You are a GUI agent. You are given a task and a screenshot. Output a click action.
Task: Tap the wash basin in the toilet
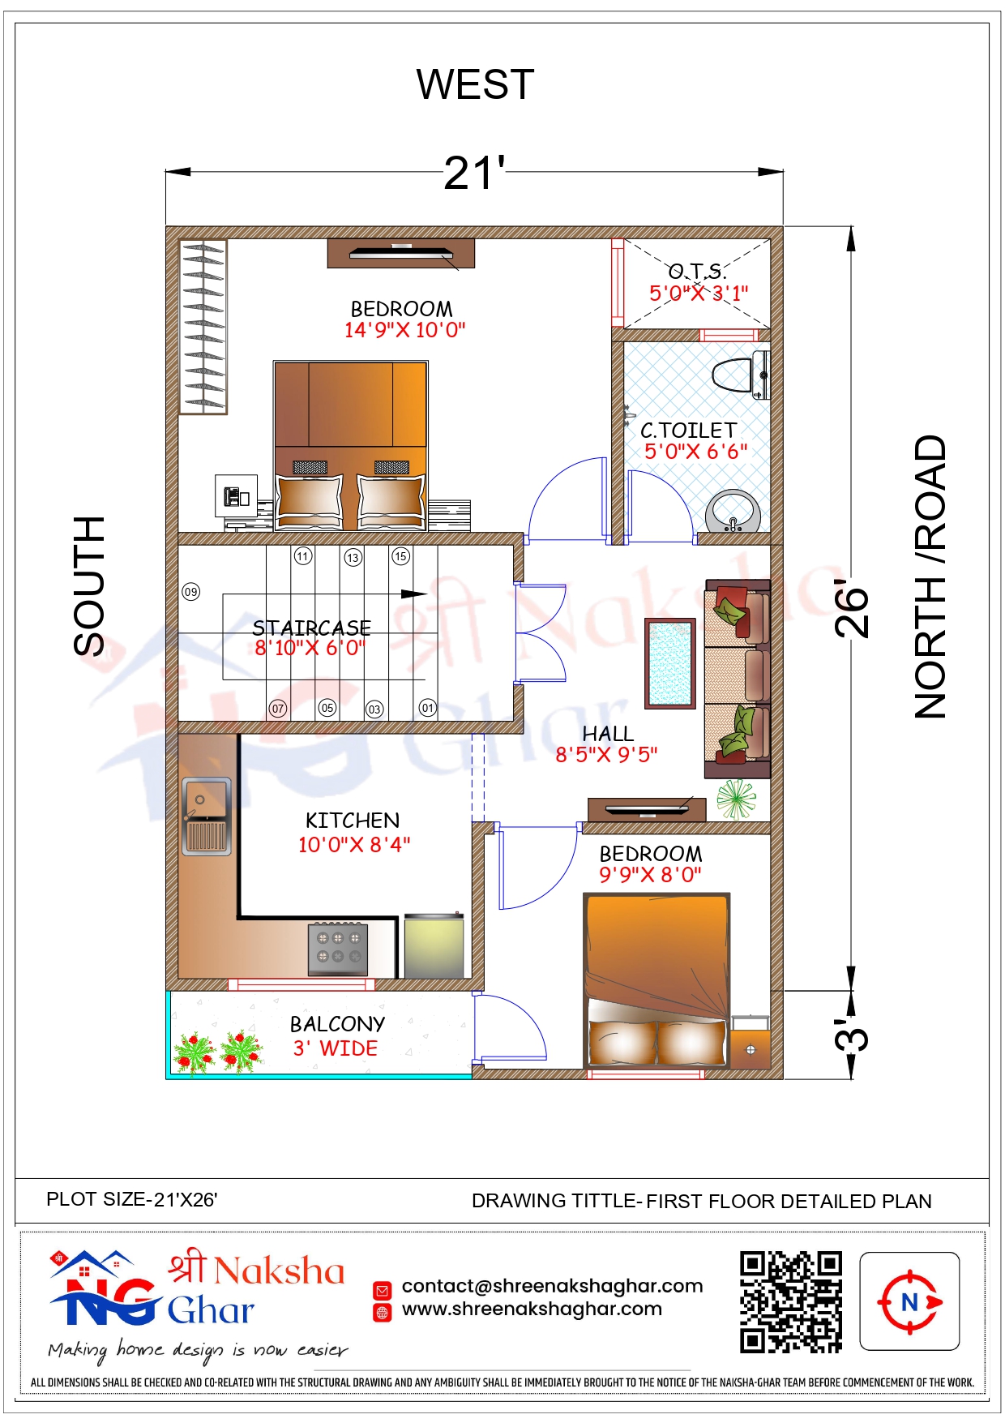(733, 512)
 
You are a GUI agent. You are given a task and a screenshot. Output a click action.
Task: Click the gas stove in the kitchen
(338, 949)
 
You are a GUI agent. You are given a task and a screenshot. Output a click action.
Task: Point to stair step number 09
(190, 592)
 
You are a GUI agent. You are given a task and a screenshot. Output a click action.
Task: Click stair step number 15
(400, 556)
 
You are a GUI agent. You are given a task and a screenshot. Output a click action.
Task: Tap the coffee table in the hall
(670, 663)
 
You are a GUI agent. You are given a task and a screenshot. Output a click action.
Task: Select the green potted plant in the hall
(736, 799)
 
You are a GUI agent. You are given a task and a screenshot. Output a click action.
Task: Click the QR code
(791, 1302)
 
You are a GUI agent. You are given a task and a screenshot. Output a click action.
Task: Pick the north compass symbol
(910, 1302)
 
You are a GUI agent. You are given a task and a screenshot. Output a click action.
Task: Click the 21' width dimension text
(475, 173)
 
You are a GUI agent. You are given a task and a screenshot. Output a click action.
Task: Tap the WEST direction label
(475, 84)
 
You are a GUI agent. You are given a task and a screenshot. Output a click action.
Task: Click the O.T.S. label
(697, 271)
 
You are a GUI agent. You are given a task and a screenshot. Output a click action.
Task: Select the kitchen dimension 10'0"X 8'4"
(354, 845)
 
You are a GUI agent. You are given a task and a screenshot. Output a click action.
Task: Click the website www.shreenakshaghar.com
(532, 1309)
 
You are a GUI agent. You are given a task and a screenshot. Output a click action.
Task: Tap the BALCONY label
(337, 1024)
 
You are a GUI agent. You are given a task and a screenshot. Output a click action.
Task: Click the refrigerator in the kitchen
(434, 946)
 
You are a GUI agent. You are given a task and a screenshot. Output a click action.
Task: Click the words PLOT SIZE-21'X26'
(132, 1199)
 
